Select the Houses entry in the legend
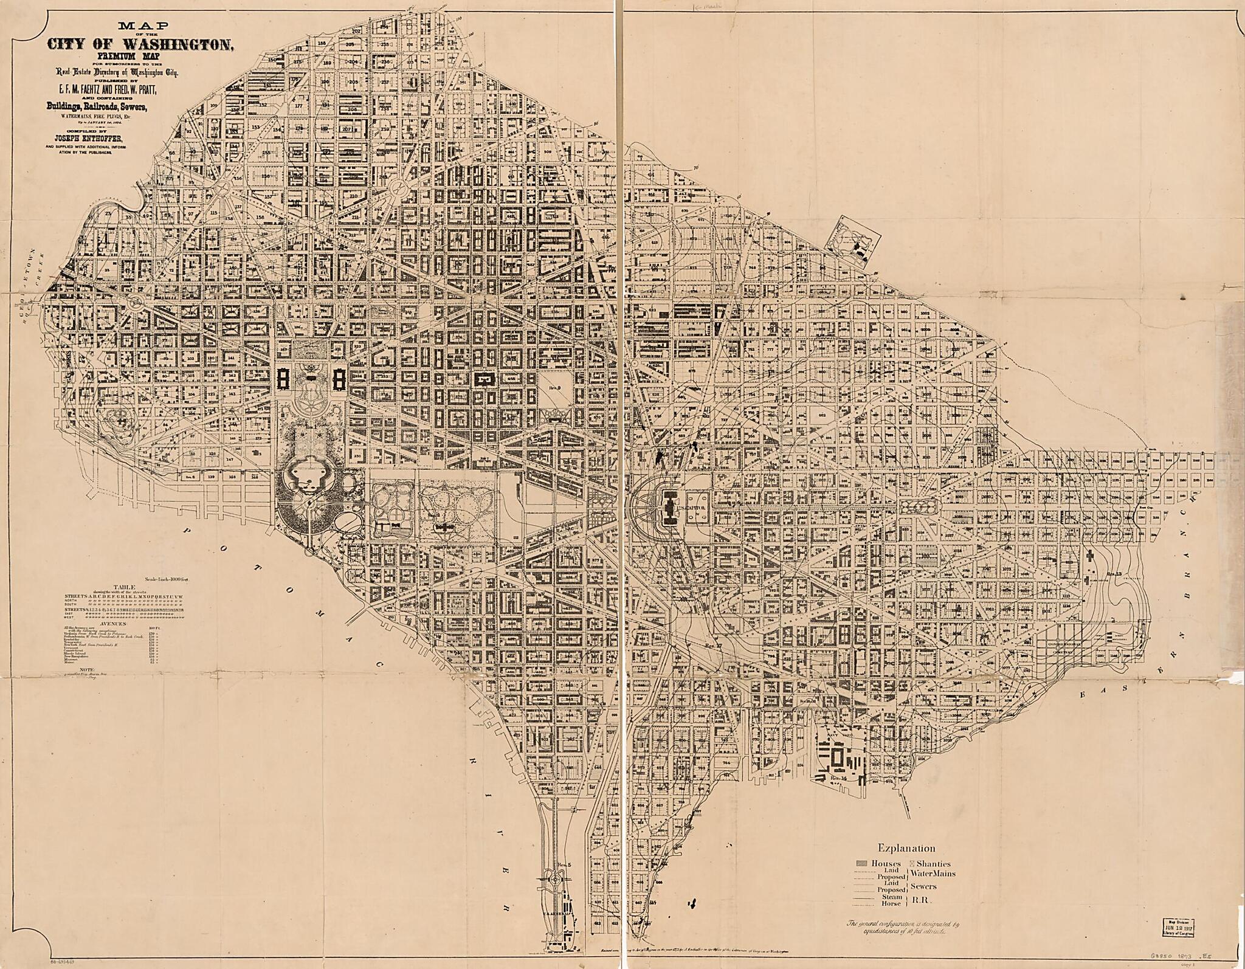tap(878, 863)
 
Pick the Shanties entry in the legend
tap(930, 863)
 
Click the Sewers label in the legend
tap(923, 886)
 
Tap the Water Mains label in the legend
tap(933, 874)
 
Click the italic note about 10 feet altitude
tap(903, 925)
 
